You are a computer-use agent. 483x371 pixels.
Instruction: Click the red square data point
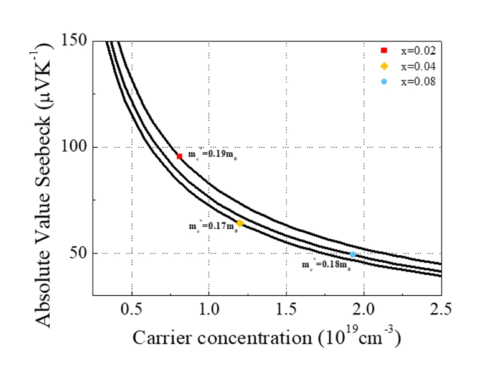(x=179, y=156)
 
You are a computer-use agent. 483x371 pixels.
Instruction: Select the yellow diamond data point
(x=240, y=223)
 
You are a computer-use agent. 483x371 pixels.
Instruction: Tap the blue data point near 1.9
(x=352, y=254)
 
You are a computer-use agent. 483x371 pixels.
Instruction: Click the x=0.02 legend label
(x=418, y=50)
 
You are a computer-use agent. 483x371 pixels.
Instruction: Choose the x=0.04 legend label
(x=418, y=66)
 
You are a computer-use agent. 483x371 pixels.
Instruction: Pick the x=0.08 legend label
(x=418, y=81)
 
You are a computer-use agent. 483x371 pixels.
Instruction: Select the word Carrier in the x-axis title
(x=162, y=339)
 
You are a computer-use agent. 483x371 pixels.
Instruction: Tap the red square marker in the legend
(x=384, y=50)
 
